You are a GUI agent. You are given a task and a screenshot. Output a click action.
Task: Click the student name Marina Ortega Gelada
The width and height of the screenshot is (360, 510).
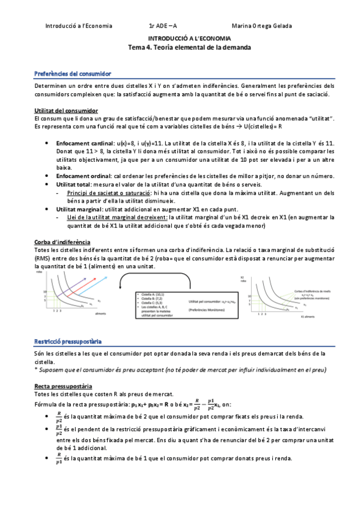pos(262,26)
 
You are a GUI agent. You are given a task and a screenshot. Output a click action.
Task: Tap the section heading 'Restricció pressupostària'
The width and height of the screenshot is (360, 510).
pos(68,341)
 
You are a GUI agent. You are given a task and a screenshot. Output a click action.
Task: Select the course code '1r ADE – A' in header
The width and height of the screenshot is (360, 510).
pos(163,26)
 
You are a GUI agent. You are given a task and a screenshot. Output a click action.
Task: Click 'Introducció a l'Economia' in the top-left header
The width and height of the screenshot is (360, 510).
pos(79,26)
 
